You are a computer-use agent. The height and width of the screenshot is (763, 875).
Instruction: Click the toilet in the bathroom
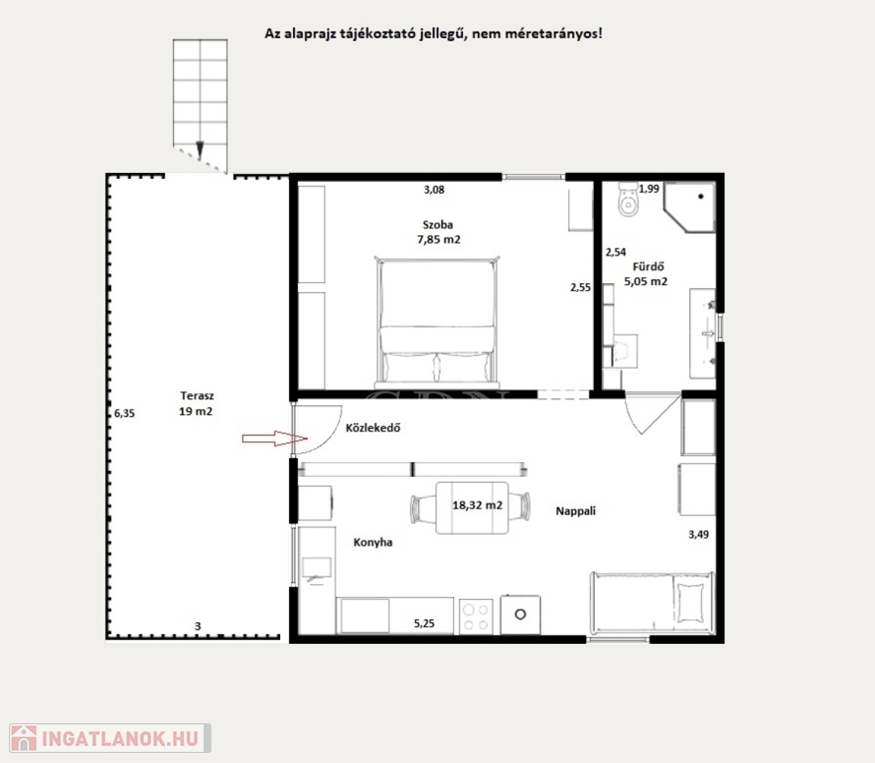(629, 200)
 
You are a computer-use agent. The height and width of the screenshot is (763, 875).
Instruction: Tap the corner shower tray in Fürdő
(689, 207)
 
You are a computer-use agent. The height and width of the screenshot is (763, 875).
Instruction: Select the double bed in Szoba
(437, 322)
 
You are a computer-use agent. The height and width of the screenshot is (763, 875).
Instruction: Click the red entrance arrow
(274, 439)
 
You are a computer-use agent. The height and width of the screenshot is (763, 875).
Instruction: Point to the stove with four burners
(476, 616)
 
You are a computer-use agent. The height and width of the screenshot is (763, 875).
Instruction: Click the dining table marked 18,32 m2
(472, 508)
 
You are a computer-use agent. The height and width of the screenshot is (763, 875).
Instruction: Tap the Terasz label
(197, 395)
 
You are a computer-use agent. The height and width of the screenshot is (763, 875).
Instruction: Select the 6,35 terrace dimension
(124, 413)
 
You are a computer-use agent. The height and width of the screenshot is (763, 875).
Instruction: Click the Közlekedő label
(372, 428)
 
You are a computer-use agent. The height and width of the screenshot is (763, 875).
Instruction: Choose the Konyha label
(372, 542)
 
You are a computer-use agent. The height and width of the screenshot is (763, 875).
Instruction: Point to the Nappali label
(575, 511)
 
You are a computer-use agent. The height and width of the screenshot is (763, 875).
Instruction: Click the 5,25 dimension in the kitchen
(424, 624)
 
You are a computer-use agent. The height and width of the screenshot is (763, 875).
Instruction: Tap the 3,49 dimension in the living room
(698, 534)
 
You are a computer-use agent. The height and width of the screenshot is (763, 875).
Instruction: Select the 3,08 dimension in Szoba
(434, 190)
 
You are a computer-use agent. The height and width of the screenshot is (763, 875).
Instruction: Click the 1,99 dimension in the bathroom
(649, 189)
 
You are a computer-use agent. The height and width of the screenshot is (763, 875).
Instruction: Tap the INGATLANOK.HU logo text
(120, 739)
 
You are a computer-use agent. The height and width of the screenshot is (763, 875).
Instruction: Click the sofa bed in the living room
(653, 604)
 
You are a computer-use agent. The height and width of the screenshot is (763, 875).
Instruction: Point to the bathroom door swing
(652, 414)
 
